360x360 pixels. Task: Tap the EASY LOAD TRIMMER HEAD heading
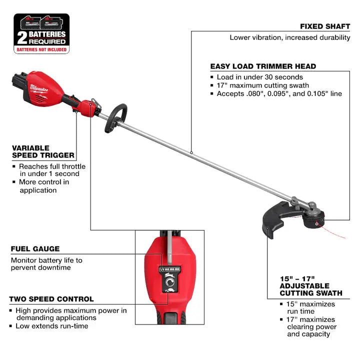point(263,66)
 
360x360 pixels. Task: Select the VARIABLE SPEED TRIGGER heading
point(43,151)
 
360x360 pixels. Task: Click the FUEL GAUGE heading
point(35,248)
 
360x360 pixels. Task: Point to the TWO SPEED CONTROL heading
point(51,299)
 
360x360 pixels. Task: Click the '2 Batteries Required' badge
point(41,33)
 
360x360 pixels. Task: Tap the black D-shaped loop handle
point(115,117)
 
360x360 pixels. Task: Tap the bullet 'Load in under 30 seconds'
point(259,77)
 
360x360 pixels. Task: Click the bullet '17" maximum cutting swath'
point(262,85)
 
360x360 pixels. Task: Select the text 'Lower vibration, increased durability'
point(290,37)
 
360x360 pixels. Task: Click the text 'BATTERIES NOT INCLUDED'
point(41,50)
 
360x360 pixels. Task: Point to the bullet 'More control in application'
point(44,186)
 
